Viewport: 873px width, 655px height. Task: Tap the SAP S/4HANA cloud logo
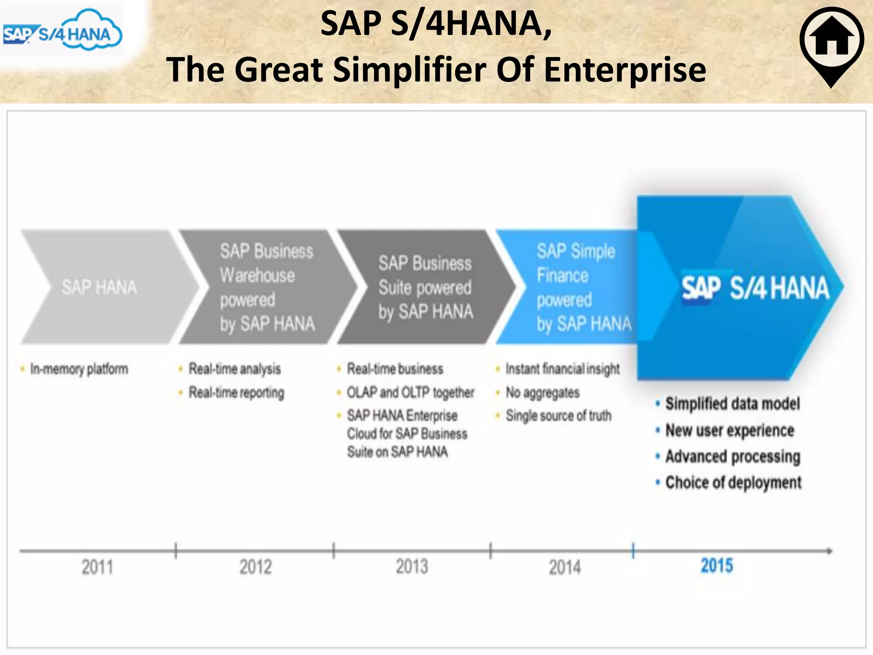63,31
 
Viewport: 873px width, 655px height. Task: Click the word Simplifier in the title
409,70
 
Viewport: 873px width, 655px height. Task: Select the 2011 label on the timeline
98,568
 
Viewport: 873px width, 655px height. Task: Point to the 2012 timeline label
255,568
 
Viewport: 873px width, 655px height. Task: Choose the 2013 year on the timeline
412,567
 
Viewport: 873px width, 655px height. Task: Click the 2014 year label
565,568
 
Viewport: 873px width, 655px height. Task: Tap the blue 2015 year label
717,566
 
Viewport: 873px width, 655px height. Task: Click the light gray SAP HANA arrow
99,287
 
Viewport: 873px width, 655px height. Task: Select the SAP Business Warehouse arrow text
267,287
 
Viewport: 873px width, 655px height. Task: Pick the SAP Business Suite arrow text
425,287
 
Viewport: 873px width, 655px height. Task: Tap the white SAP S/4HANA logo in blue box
755,288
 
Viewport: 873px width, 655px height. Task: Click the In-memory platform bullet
79,369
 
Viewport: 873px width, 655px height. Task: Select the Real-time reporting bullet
236,392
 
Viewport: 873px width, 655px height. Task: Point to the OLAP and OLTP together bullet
410,392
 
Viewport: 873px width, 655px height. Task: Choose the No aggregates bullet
542,392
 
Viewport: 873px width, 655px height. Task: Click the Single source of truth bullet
558,415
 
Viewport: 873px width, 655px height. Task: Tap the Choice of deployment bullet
733,483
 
